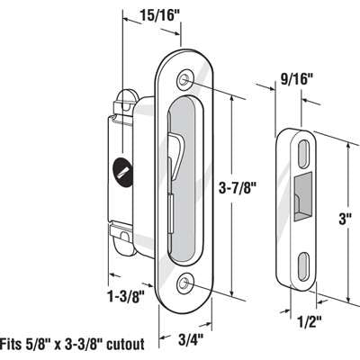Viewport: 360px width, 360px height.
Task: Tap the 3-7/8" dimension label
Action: pyautogui.click(x=239, y=188)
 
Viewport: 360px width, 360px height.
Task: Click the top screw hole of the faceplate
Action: pyautogui.click(x=184, y=80)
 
